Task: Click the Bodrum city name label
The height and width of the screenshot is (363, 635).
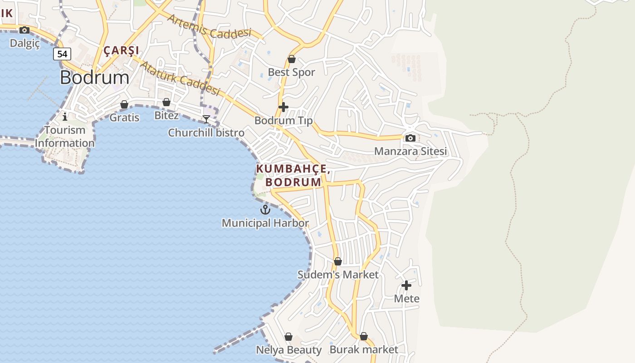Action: click(94, 78)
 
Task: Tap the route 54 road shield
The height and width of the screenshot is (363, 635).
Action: click(62, 54)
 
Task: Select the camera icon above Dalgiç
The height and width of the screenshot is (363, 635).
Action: click(24, 30)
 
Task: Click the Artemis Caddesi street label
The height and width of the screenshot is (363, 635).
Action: click(209, 26)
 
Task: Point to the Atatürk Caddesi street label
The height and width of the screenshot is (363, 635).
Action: click(180, 78)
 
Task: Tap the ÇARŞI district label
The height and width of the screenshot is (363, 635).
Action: click(122, 50)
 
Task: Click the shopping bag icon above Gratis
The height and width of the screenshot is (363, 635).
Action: click(124, 105)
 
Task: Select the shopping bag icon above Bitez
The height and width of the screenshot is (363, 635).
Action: click(166, 103)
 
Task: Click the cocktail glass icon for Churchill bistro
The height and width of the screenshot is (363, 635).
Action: click(206, 119)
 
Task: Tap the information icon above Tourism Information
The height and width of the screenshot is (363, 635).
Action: click(65, 117)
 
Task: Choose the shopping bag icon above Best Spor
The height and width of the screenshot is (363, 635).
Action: click(292, 59)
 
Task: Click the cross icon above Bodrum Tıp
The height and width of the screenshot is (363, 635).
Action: click(283, 107)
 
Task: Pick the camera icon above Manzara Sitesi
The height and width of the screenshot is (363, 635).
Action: click(410, 138)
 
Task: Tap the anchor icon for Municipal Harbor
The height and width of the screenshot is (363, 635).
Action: click(265, 210)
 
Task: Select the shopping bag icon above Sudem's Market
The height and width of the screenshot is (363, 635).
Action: click(338, 262)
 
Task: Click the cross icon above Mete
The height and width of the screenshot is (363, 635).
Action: click(406, 285)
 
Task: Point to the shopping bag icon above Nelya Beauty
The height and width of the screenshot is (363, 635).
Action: click(288, 337)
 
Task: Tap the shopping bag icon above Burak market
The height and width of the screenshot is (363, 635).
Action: click(364, 337)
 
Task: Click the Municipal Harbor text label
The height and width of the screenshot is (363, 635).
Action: click(265, 223)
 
